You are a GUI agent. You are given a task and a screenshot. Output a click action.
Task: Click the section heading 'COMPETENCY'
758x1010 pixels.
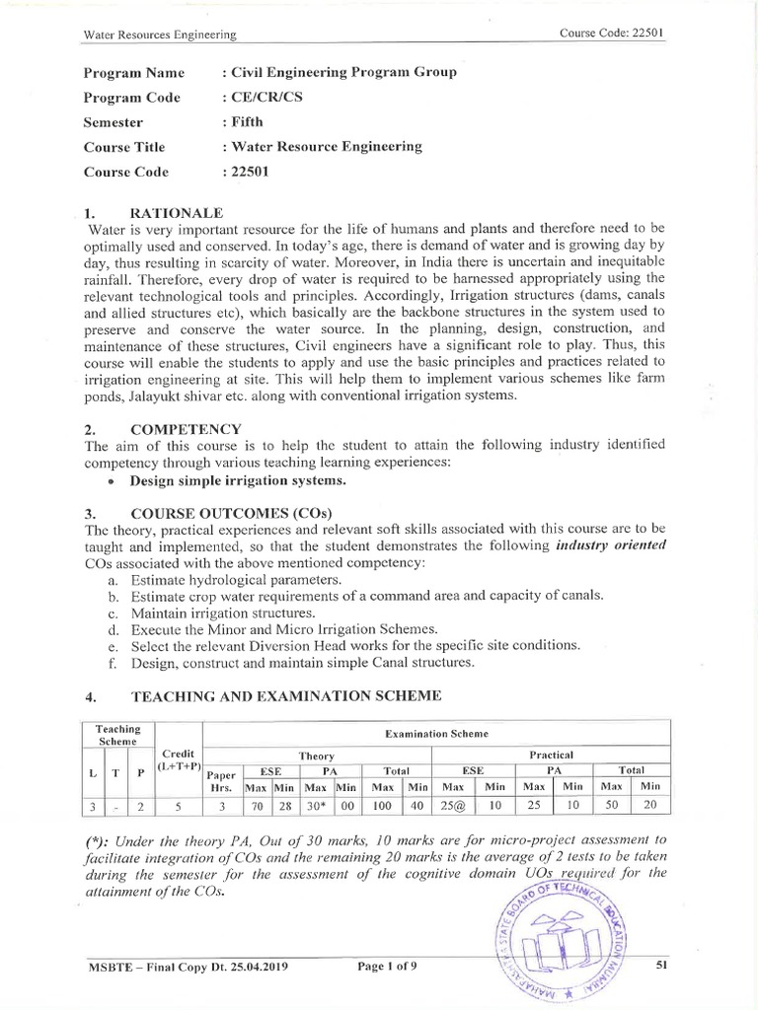[187, 429]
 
